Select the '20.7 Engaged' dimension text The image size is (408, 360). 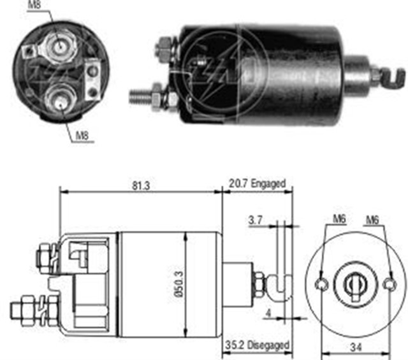[x=256, y=184]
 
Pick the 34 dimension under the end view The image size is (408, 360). [x=356, y=347]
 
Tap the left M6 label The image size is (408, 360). [x=338, y=220]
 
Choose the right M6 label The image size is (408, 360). [x=373, y=220]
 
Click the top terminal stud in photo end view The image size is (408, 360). [x=59, y=45]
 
